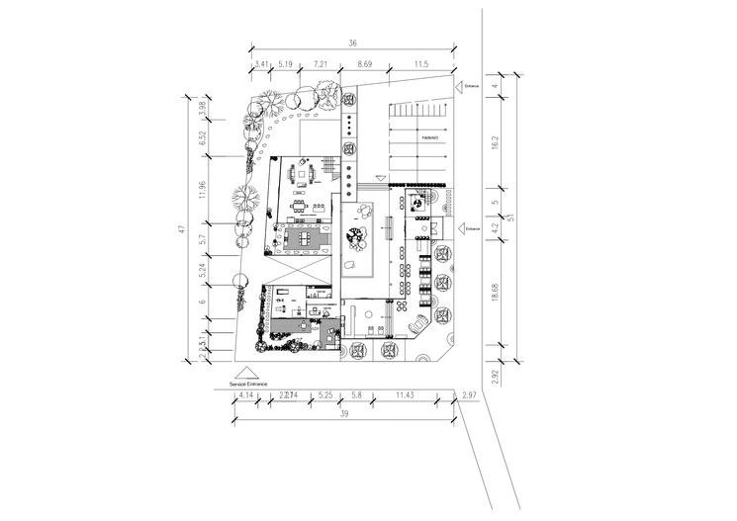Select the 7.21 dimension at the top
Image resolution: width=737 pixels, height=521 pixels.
(321, 63)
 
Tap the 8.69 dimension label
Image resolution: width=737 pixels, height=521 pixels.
(364, 63)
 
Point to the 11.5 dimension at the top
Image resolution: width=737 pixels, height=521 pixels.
(421, 63)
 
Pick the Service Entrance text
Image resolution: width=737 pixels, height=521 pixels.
(247, 384)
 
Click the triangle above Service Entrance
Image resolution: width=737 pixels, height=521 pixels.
(247, 372)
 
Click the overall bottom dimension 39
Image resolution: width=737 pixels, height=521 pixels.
(343, 415)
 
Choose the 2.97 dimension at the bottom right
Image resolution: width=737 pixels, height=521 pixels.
(468, 395)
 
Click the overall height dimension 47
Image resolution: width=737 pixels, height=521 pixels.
(182, 228)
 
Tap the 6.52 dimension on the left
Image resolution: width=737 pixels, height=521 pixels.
(202, 139)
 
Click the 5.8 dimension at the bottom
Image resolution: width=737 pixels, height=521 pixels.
(357, 395)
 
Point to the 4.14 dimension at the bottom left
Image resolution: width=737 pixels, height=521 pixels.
(246, 395)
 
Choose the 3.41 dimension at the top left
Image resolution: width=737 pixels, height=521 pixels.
(261, 63)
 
